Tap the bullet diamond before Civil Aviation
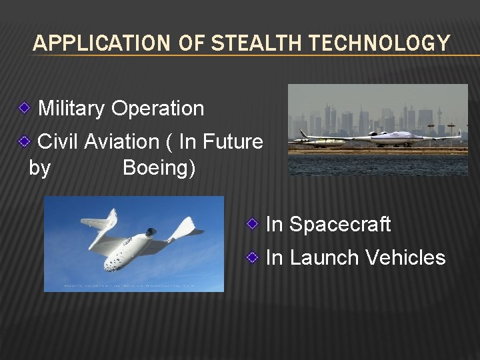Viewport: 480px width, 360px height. pyautogui.click(x=24, y=140)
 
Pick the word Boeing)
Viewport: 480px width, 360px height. pyautogui.click(x=159, y=168)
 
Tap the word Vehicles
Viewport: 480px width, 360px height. pyautogui.click(x=405, y=257)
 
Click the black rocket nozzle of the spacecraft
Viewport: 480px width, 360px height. pyautogui.click(x=151, y=233)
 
